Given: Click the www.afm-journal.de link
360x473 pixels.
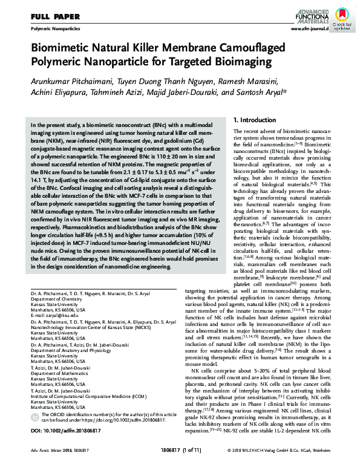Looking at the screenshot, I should [x=309, y=28].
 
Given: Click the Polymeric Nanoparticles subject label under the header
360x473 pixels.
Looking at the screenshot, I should [x=54, y=28].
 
